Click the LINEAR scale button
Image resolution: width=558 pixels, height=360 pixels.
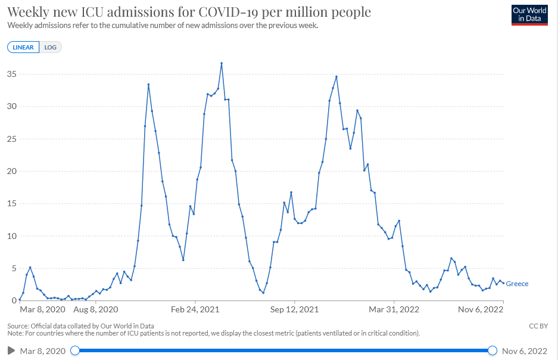[23, 47]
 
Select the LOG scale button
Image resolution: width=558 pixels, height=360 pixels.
[51, 47]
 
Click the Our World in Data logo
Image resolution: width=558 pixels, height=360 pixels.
[529, 15]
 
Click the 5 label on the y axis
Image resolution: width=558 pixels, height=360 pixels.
[13, 268]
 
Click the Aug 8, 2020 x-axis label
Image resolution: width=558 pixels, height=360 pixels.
[96, 309]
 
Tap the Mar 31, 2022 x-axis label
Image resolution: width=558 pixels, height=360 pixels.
[394, 309]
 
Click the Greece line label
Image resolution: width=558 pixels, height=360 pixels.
[517, 284]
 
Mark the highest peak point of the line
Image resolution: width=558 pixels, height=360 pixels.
[222, 63]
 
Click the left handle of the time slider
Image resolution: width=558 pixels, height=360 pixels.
[75, 350]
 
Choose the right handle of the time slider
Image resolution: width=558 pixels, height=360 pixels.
[492, 350]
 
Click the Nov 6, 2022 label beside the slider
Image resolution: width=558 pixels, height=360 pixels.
[525, 350]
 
